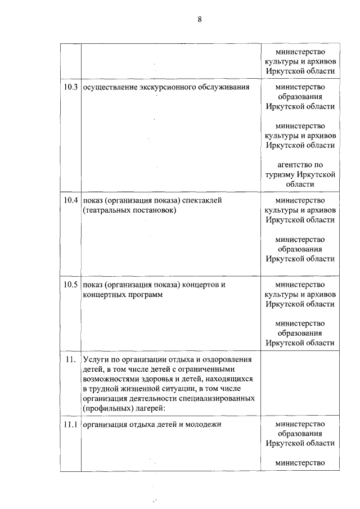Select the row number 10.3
pos(70,88)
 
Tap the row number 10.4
pos(70,200)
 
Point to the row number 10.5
pos(70,285)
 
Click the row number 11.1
pos(70,425)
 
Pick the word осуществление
pos(109,88)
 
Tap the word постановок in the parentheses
pos(155,210)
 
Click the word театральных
pos(108,210)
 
